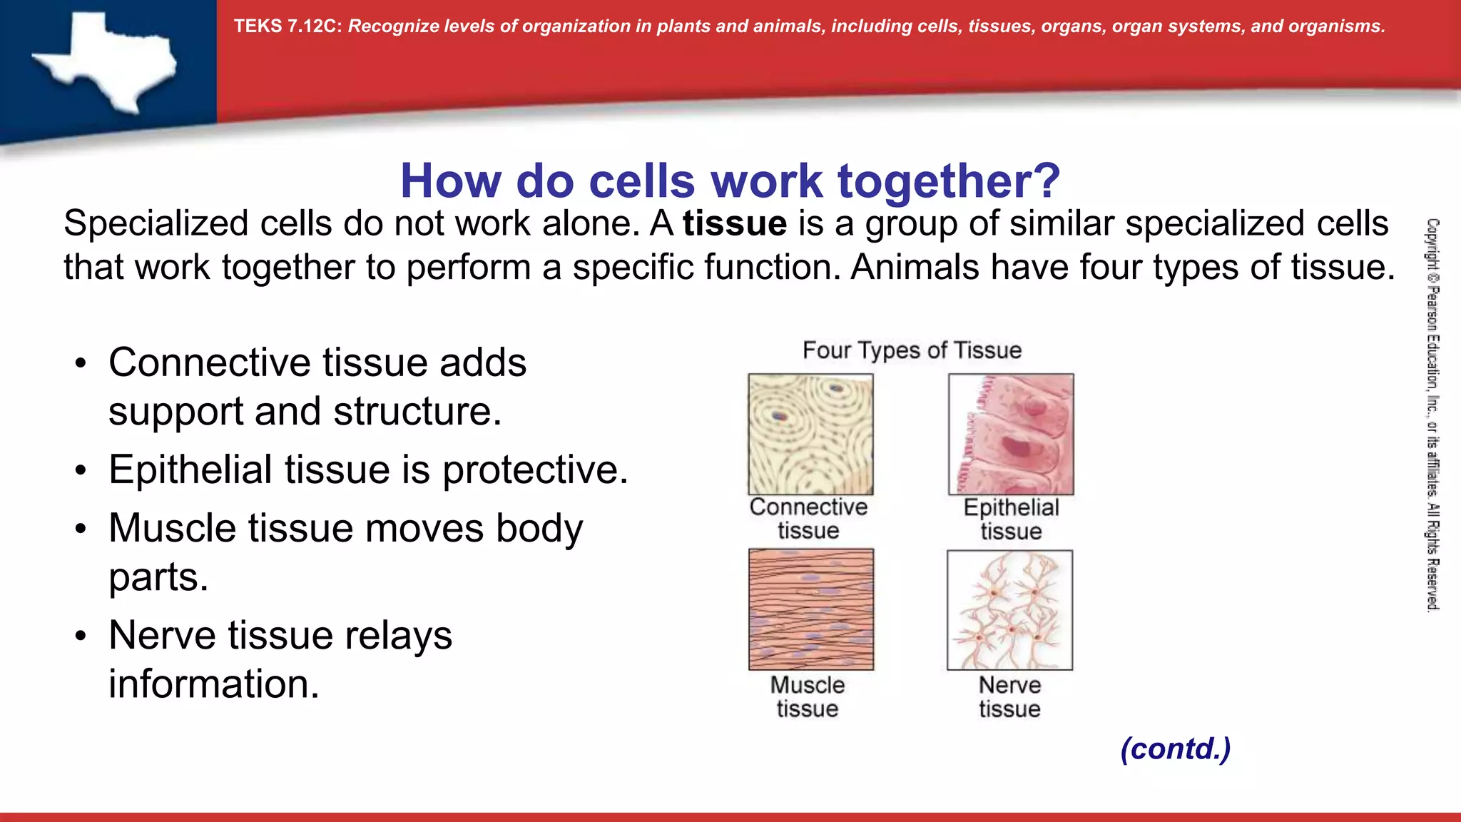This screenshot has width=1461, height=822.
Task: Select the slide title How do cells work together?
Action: pyautogui.click(x=730, y=181)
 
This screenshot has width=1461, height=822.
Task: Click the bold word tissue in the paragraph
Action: pyautogui.click(x=734, y=224)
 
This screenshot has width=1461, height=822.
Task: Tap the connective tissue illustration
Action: pyautogui.click(x=810, y=434)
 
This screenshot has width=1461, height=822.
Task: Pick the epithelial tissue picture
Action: pyautogui.click(x=1011, y=434)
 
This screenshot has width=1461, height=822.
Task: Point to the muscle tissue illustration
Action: pyautogui.click(x=810, y=609)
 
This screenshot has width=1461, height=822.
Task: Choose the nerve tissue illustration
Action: pyautogui.click(x=1009, y=609)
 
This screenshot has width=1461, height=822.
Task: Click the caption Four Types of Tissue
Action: pyautogui.click(x=912, y=350)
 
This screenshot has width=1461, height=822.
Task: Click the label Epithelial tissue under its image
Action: pyautogui.click(x=1011, y=519)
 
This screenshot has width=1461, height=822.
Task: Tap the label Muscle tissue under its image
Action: pyautogui.click(x=808, y=696)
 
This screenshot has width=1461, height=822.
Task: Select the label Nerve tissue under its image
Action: pyautogui.click(x=1009, y=696)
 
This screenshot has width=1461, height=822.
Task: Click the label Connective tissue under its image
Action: pyautogui.click(x=808, y=519)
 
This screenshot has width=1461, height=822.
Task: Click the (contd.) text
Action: pyautogui.click(x=1175, y=749)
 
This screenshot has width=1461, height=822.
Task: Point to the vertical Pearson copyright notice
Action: pyautogui.click(x=1432, y=414)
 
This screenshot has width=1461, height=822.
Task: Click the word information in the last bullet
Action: pyautogui.click(x=213, y=684)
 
